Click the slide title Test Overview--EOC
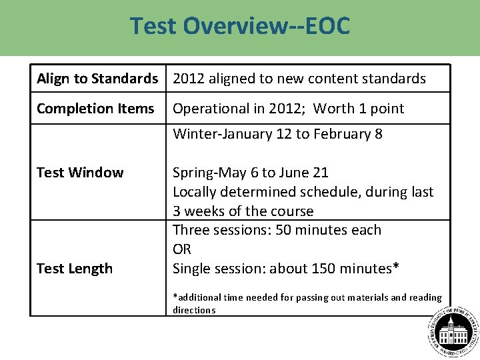click(239, 26)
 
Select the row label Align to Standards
click(97, 79)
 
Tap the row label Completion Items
click(95, 109)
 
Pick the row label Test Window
click(80, 173)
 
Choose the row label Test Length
click(75, 269)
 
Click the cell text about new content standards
click(299, 79)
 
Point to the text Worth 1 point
click(359, 109)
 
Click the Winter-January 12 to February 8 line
click(277, 134)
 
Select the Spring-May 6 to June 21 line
click(251, 173)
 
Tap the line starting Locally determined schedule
click(303, 192)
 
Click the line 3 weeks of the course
click(243, 211)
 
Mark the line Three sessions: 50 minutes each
click(277, 230)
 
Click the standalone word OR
click(182, 249)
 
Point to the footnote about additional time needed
click(307, 303)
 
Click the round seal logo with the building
click(453, 332)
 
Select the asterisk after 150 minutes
click(396, 267)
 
